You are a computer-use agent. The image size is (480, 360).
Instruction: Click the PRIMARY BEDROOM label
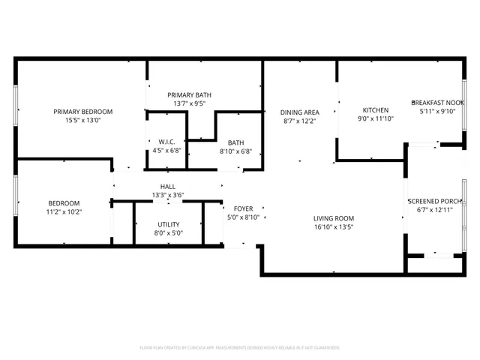82,111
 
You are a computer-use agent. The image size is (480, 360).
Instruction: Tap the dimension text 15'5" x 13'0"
82,119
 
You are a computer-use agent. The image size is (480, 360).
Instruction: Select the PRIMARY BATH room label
189,94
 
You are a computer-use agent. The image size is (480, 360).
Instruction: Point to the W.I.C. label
166,142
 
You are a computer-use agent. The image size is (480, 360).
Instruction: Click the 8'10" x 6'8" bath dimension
235,151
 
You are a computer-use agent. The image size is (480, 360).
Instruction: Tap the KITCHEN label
375,109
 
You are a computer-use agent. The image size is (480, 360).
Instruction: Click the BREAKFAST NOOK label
438,103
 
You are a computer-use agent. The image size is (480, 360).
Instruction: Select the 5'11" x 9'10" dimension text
438,111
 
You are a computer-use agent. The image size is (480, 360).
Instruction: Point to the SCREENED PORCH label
434,201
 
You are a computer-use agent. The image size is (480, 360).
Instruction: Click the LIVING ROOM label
333,218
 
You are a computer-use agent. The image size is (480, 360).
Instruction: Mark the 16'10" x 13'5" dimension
333,226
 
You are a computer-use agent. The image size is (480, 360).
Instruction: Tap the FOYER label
243,208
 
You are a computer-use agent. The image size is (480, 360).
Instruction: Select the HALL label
168,187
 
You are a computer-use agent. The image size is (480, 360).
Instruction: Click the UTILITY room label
168,224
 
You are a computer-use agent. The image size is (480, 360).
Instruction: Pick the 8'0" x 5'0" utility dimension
168,232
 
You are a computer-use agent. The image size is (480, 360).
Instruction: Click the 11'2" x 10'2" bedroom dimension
64,211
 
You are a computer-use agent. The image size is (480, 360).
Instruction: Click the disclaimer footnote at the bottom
240,348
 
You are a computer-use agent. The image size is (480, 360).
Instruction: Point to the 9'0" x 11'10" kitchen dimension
375,118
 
